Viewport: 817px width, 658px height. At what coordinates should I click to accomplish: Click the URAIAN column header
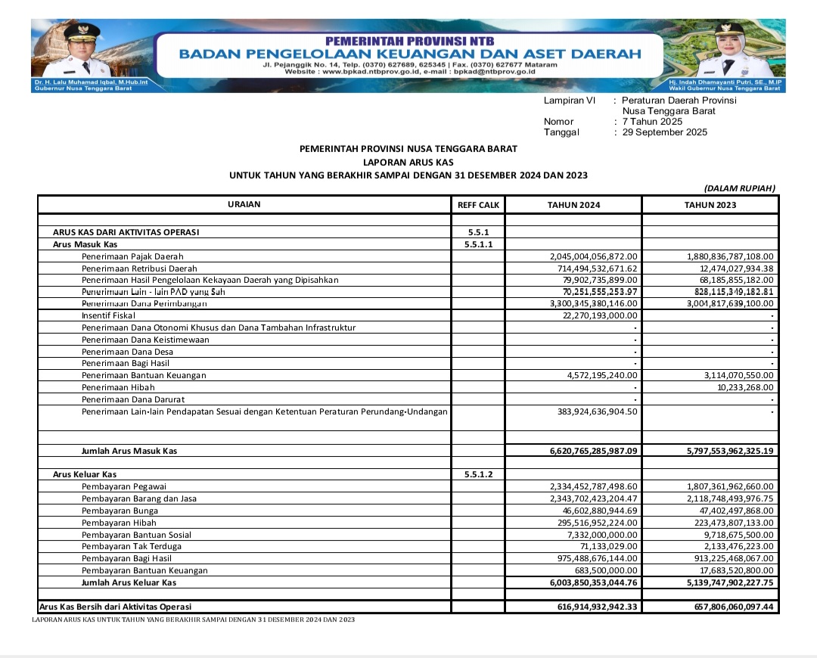click(244, 205)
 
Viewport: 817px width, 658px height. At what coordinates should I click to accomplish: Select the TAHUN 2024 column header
click(573, 205)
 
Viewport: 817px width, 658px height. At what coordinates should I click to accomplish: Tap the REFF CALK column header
click(479, 205)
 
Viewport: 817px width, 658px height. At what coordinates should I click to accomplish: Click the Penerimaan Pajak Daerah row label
click(132, 257)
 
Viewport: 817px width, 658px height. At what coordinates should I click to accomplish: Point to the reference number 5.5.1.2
click(479, 474)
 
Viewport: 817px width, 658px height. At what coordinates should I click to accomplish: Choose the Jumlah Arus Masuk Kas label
click(129, 452)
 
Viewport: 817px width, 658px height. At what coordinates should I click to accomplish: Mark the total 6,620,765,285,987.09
click(594, 452)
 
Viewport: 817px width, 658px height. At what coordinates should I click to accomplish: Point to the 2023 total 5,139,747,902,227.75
click(730, 583)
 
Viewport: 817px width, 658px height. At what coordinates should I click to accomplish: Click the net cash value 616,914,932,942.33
click(597, 607)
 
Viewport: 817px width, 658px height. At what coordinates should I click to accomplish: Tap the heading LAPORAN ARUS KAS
click(408, 162)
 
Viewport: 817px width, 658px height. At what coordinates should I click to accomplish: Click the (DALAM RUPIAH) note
click(739, 188)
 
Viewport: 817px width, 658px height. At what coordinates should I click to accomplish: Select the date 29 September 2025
click(665, 132)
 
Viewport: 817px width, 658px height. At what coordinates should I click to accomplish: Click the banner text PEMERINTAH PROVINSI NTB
click(409, 40)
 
